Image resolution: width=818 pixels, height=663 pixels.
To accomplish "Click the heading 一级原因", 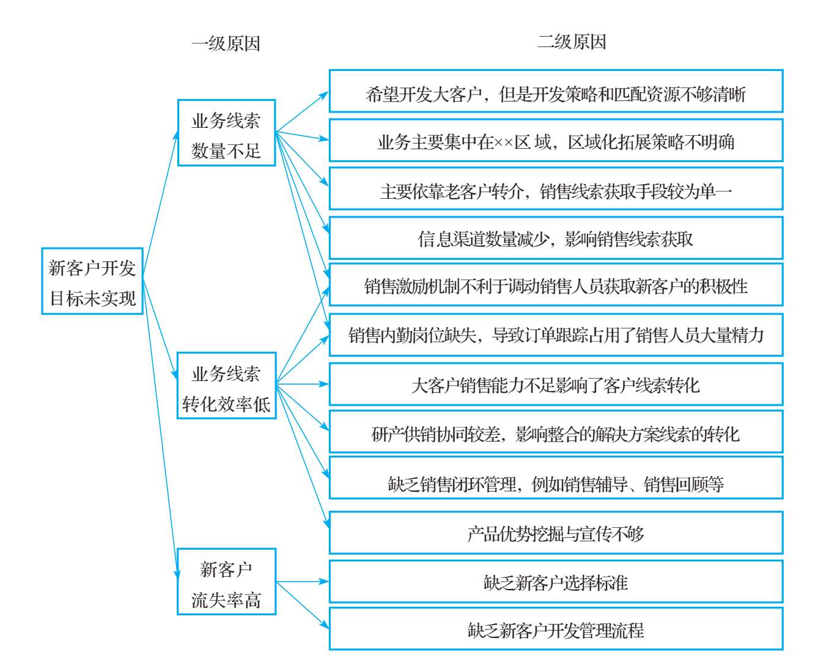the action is [x=226, y=43].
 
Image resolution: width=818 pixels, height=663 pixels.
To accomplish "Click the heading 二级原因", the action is [x=572, y=42].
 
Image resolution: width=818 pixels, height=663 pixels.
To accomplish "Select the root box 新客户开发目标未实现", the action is [x=92, y=281].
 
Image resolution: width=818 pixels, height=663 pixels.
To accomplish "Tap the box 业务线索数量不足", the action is [x=226, y=133].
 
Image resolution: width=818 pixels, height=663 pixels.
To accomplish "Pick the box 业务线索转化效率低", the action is [x=226, y=385].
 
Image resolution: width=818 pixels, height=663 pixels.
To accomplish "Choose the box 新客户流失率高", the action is [x=226, y=582].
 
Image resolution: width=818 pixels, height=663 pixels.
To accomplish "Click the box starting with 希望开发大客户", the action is [x=556, y=91].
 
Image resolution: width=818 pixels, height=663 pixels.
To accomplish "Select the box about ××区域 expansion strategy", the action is [x=556, y=140].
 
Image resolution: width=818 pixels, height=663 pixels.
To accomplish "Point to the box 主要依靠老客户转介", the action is [x=556, y=188].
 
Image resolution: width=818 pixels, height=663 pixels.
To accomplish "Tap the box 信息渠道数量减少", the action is [x=556, y=238].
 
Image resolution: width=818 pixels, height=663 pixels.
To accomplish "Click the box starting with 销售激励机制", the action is [x=556, y=284].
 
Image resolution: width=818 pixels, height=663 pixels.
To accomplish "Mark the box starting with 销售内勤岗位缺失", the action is [x=556, y=335].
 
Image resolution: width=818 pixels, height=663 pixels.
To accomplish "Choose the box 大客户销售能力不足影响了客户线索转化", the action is [x=556, y=384].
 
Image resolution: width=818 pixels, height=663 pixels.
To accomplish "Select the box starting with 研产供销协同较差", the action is [x=556, y=432].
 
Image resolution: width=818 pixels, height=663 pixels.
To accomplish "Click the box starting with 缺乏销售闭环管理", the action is [x=556, y=478].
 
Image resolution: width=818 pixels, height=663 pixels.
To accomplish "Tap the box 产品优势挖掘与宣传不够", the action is [x=556, y=533].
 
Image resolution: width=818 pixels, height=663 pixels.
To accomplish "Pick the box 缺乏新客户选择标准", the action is [x=556, y=582].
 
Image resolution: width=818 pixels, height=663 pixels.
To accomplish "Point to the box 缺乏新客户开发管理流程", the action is [x=556, y=629].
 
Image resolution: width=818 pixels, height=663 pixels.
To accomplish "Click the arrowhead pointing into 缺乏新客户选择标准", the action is [x=324, y=582].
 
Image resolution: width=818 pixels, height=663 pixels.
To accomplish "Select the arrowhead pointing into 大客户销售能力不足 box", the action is [x=324, y=384].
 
